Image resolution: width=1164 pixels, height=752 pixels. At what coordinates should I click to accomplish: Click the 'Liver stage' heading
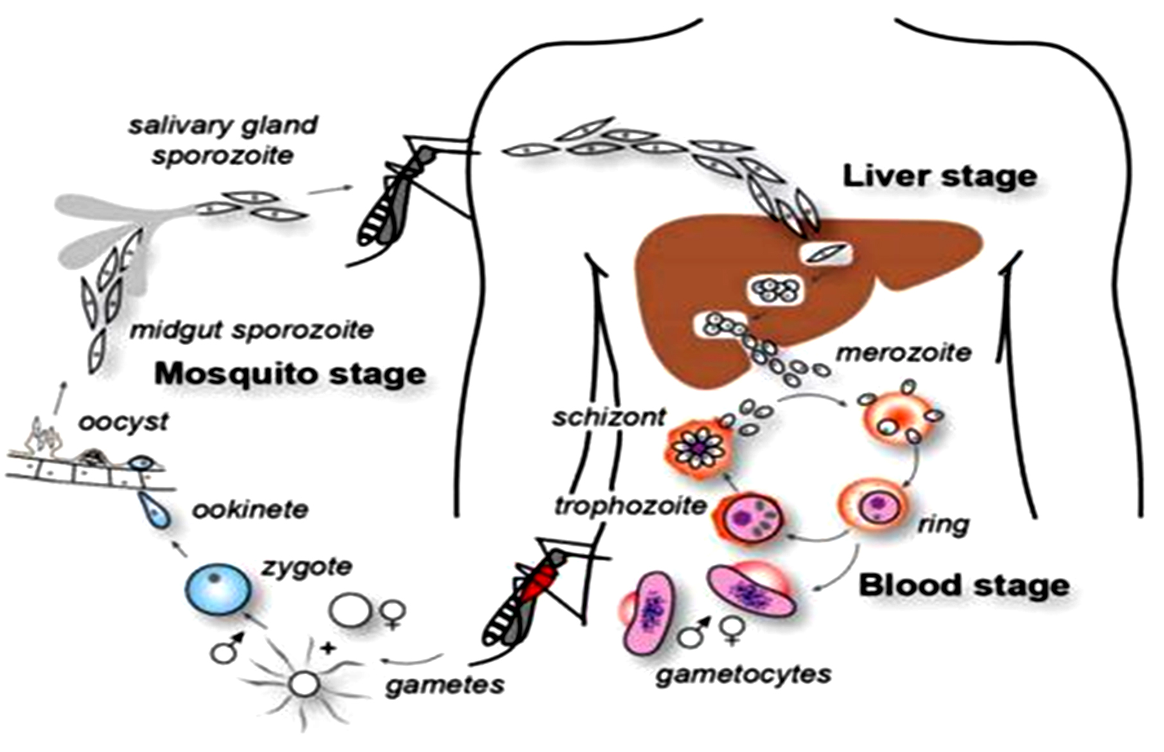pyautogui.click(x=939, y=176)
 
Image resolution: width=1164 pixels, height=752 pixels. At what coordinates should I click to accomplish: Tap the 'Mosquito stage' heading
pyautogui.click(x=290, y=373)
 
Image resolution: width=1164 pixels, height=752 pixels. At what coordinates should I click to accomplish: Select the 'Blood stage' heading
pyautogui.click(x=964, y=586)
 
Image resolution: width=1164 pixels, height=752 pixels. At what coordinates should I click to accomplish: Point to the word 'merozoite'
pyautogui.click(x=903, y=353)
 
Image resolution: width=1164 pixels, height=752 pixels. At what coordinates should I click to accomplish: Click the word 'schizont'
pyautogui.click(x=609, y=418)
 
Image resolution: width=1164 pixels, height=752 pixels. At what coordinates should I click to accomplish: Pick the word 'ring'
pyautogui.click(x=943, y=524)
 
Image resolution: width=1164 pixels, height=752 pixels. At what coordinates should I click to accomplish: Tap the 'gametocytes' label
pyautogui.click(x=743, y=674)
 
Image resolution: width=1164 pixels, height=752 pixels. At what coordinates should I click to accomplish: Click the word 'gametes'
pyautogui.click(x=445, y=685)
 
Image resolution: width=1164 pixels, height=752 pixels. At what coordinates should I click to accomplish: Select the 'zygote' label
pyautogui.click(x=307, y=567)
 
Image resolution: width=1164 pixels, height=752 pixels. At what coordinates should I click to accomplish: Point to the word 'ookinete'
pyautogui.click(x=251, y=510)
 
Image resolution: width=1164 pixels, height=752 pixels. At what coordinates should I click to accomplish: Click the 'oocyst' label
pyautogui.click(x=123, y=422)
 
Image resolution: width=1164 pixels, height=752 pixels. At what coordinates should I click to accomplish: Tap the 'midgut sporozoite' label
pyautogui.click(x=252, y=330)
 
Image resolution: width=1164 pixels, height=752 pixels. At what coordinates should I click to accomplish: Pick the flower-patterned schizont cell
pyautogui.click(x=697, y=447)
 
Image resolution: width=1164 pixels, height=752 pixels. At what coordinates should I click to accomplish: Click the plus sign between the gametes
pyautogui.click(x=328, y=647)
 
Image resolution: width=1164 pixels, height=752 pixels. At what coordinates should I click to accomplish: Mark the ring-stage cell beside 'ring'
pyautogui.click(x=874, y=506)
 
